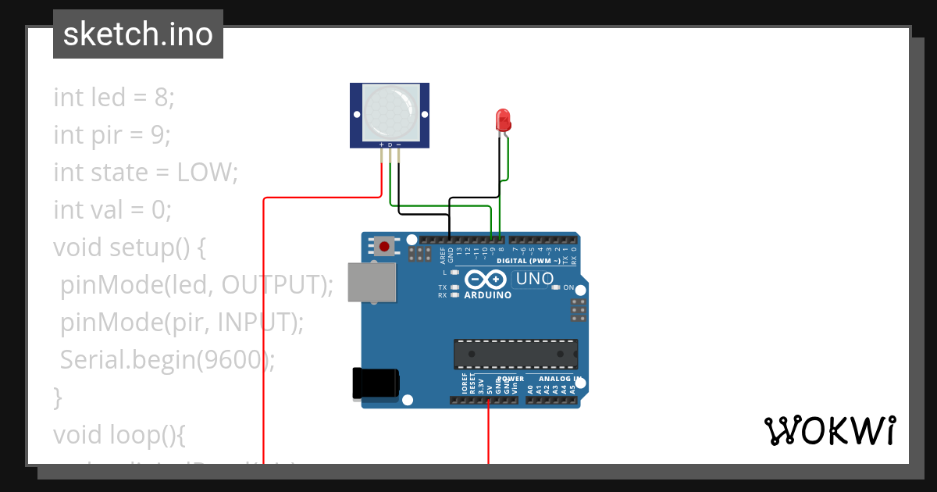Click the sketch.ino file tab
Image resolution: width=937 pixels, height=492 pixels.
(x=138, y=34)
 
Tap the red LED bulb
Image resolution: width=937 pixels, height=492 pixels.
(x=504, y=119)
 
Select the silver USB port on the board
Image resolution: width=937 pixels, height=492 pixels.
(x=372, y=282)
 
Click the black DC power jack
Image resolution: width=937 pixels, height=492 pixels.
(x=376, y=383)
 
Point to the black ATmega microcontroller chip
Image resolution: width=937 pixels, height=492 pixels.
(x=516, y=353)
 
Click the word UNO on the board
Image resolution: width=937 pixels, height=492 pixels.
(x=535, y=279)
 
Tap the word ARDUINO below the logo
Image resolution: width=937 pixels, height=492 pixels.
(x=487, y=295)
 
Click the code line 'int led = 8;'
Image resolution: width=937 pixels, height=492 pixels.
(x=114, y=98)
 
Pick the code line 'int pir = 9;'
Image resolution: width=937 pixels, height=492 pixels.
(x=112, y=135)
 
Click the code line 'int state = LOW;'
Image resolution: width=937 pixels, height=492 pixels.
(x=145, y=173)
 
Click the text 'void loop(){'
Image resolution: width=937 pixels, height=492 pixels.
(x=119, y=434)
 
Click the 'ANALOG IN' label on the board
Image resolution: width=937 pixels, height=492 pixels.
(x=559, y=379)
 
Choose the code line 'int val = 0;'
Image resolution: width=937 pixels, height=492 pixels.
(x=112, y=210)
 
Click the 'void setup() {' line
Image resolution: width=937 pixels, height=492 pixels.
(x=130, y=248)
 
